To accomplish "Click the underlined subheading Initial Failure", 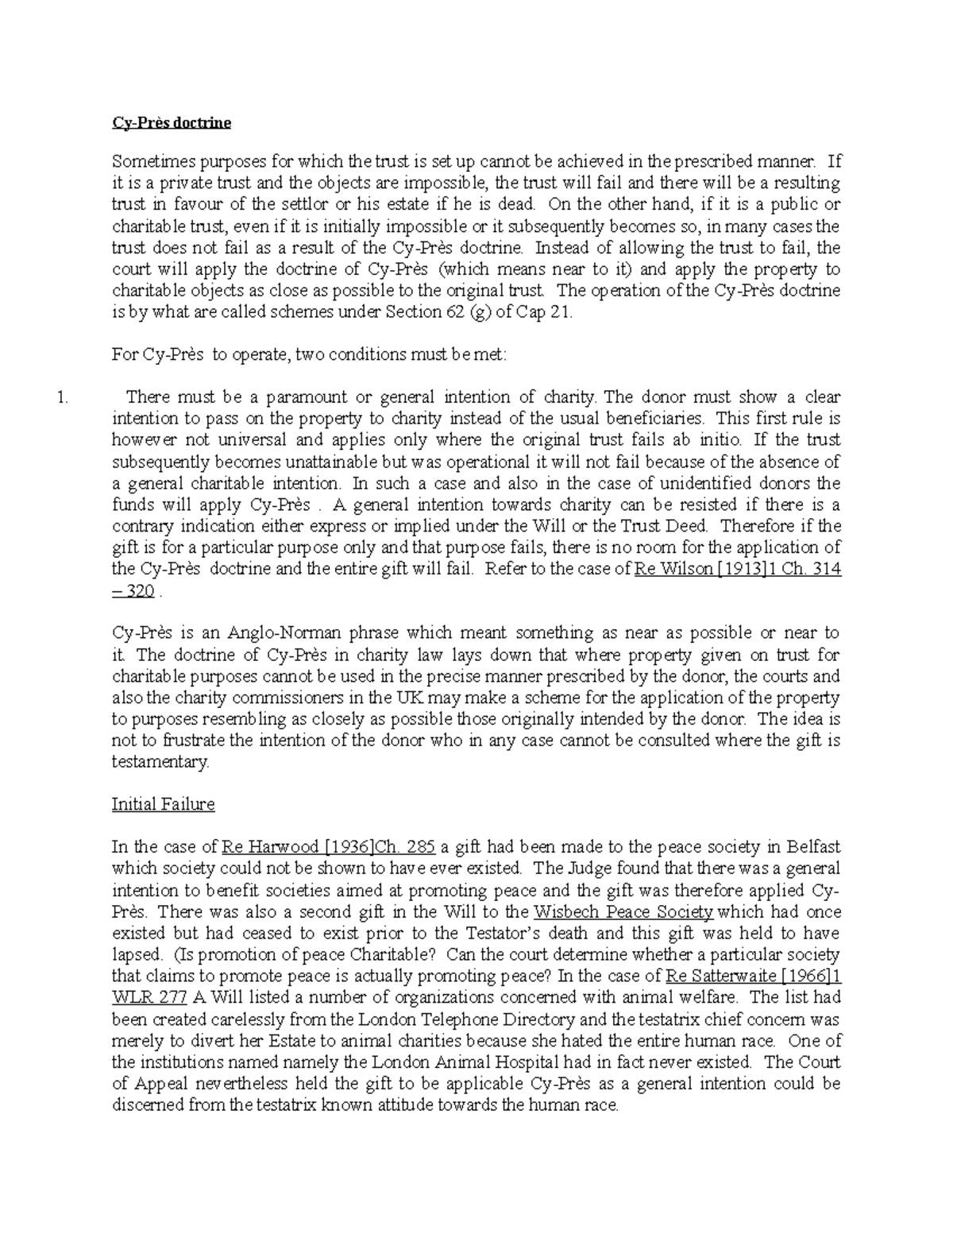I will [163, 804].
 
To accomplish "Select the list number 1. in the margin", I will [64, 397].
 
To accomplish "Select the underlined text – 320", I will [133, 591].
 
